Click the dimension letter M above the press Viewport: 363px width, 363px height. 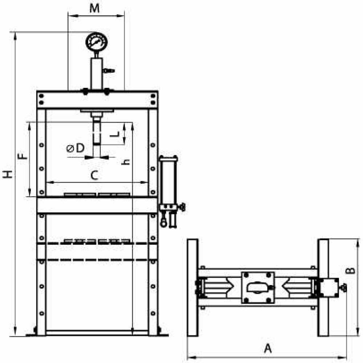point(95,9)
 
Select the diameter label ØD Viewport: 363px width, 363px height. point(76,148)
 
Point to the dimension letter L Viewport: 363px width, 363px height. point(115,134)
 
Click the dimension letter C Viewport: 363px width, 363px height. point(94,176)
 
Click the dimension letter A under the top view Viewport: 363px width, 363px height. point(268,349)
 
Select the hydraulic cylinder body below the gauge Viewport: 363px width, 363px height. point(96,73)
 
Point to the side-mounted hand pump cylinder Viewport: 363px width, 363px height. point(168,180)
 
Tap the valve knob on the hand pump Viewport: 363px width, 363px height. point(183,207)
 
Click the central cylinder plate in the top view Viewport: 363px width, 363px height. point(258,287)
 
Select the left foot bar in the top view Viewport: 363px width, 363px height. point(192,287)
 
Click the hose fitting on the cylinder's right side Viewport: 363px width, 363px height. point(109,70)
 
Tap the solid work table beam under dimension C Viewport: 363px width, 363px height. point(97,205)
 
